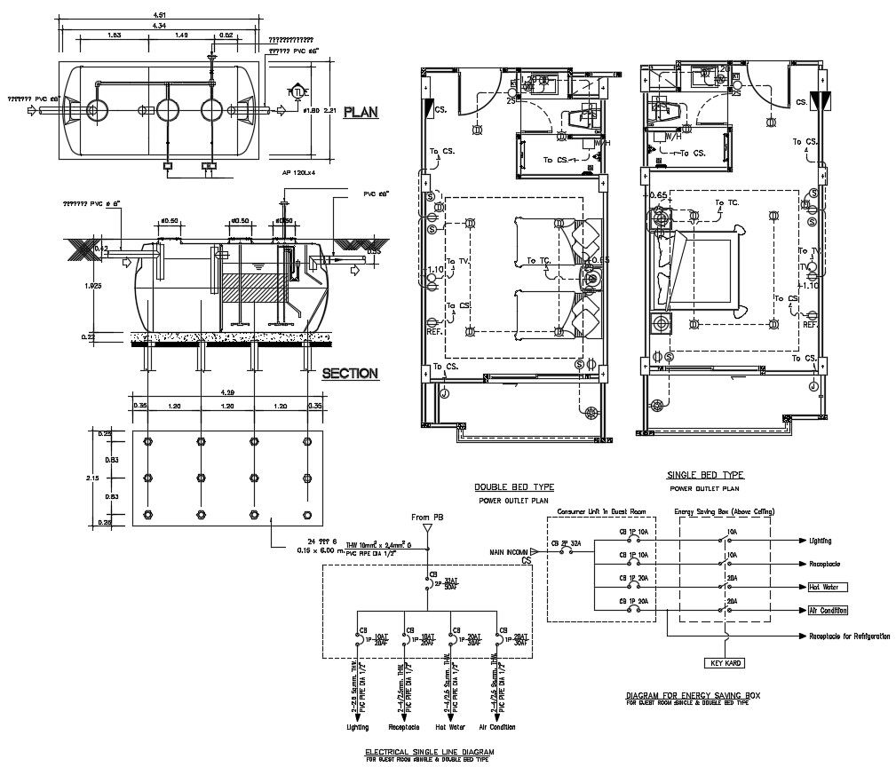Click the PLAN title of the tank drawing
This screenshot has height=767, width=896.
coord(361,112)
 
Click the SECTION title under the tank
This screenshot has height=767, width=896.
coord(350,374)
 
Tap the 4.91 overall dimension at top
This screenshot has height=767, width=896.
coord(159,15)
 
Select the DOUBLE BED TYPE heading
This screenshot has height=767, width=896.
coord(513,487)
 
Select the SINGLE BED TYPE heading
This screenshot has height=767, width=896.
coord(707,476)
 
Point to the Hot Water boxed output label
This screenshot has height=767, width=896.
coord(828,587)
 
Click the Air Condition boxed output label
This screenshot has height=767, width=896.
coord(828,611)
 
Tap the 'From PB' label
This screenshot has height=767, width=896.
coord(425,517)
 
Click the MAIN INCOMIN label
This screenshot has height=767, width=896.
coord(510,552)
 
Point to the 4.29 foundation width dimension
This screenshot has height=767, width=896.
coord(227,391)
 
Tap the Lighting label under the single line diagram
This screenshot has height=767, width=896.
coord(357,727)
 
